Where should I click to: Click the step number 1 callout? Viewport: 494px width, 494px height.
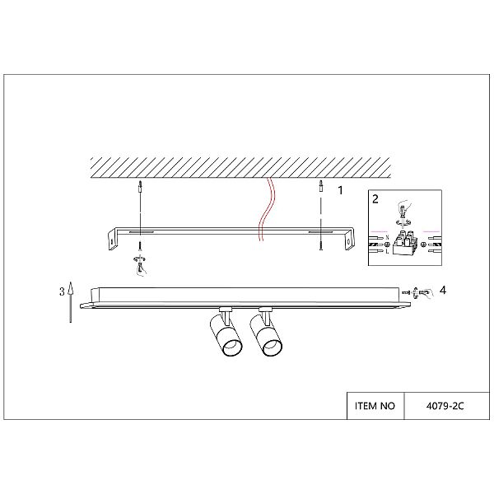tap(340, 190)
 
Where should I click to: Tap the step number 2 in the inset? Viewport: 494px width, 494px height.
tap(375, 199)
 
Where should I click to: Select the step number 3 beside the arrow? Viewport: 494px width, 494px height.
tap(62, 291)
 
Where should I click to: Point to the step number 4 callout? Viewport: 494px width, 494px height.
tap(443, 290)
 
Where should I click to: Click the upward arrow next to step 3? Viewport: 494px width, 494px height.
tap(71, 302)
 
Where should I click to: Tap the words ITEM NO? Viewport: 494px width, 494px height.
tap(375, 406)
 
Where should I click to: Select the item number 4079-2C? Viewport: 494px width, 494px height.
tap(445, 406)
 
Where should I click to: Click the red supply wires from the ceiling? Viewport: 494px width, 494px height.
tap(267, 209)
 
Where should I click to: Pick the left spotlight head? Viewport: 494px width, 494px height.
tap(226, 336)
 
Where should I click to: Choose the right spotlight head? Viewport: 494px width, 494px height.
tap(266, 336)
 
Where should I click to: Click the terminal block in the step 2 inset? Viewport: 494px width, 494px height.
tap(404, 242)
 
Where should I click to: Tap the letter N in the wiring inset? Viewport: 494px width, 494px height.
tap(387, 236)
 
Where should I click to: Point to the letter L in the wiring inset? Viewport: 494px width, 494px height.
tap(387, 251)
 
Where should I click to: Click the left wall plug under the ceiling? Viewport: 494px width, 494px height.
tap(140, 188)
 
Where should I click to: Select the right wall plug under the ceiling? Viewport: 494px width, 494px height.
tap(320, 187)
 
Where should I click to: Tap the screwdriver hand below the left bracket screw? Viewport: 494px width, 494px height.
tap(141, 266)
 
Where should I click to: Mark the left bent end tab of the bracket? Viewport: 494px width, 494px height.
tap(113, 240)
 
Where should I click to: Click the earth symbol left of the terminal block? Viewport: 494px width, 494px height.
tap(388, 245)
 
